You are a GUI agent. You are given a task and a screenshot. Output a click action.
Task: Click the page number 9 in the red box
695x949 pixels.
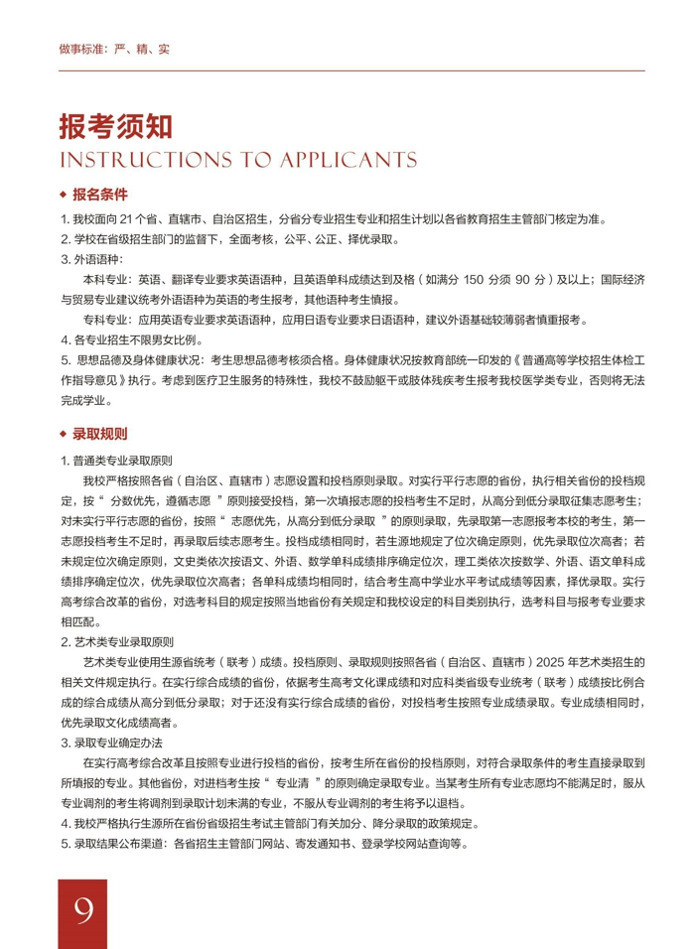pos(83,910)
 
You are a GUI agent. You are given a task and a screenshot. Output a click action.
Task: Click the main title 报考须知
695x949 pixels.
pos(117,126)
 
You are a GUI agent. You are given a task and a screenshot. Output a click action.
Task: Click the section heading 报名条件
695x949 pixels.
pos(100,194)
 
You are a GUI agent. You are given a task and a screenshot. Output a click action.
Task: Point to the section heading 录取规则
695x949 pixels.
pos(100,434)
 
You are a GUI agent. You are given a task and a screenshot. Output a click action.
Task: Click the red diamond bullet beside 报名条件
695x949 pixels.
pos(64,195)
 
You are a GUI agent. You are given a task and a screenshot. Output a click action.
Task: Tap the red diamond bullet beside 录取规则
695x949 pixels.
pos(64,435)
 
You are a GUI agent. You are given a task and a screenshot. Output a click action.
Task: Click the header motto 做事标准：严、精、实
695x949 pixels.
pos(114,48)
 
